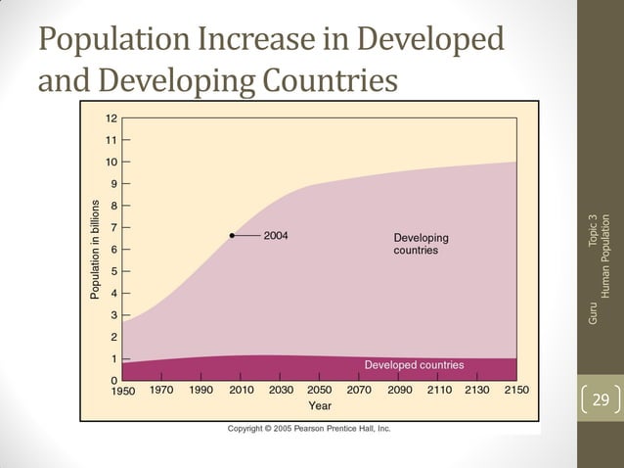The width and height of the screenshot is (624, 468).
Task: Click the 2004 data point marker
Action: coord(232,236)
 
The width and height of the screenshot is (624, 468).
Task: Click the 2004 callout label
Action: coord(276,236)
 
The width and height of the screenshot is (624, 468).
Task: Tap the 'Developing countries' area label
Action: coord(421,244)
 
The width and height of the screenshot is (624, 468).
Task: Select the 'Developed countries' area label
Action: coord(414,365)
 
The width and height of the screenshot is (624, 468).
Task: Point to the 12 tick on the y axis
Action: coord(111,117)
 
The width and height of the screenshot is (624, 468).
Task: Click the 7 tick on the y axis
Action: coord(113,227)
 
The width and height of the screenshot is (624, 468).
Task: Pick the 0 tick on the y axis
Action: coord(113,380)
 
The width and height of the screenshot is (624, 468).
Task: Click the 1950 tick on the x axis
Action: coord(122,390)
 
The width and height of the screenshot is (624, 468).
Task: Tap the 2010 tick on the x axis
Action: coord(242,390)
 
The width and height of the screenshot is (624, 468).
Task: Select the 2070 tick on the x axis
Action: coord(359,390)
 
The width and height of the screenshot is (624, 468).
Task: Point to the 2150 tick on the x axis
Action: coord(515,390)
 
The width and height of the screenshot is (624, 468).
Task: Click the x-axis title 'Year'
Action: coord(320,404)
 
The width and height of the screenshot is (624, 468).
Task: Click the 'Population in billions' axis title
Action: coord(95,250)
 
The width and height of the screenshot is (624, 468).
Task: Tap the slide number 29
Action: coord(601,399)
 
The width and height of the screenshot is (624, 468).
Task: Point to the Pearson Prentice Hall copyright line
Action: coord(309,429)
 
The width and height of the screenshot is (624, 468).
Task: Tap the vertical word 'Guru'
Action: coord(591,313)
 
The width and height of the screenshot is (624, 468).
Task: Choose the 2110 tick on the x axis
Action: coord(439,390)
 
